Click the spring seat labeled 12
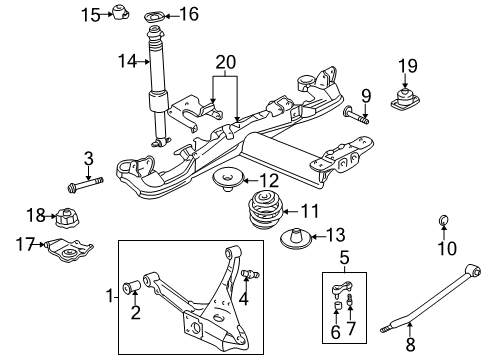coord(228,181)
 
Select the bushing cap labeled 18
coord(67,215)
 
